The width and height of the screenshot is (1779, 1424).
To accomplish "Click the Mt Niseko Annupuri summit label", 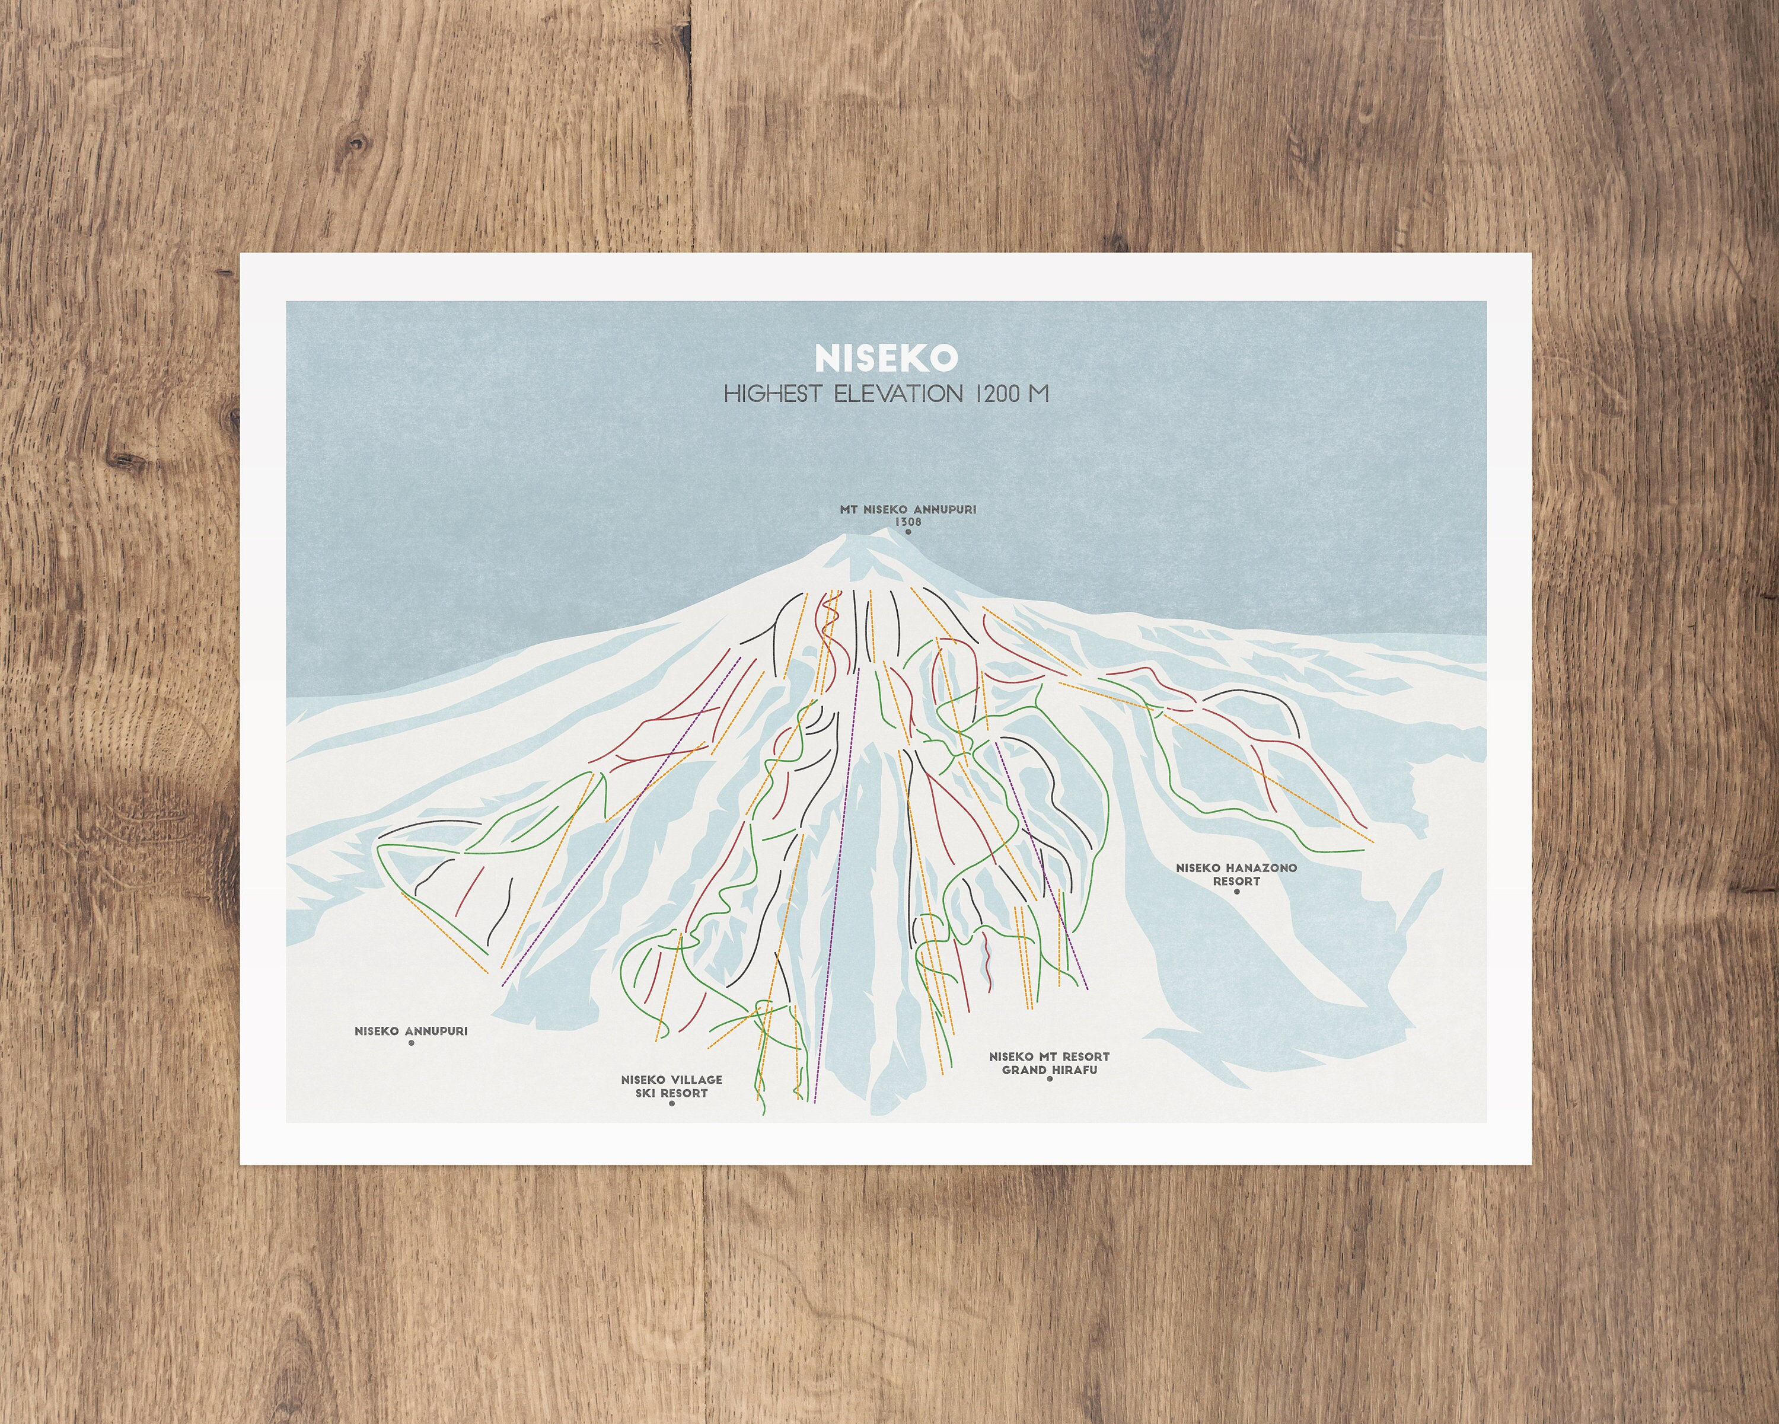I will coord(908,509).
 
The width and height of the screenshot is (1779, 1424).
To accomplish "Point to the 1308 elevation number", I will coord(908,522).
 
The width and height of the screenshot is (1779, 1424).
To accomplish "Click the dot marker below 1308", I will coord(908,533).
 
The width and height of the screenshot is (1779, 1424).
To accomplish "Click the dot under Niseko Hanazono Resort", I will coord(1236,892).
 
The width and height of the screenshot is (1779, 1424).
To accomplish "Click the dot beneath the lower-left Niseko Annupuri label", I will coord(411,1043).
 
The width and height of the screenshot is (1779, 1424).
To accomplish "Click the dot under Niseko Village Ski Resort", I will coord(672,1104).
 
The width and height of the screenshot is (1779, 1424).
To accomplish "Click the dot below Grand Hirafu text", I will coord(1050,1078).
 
